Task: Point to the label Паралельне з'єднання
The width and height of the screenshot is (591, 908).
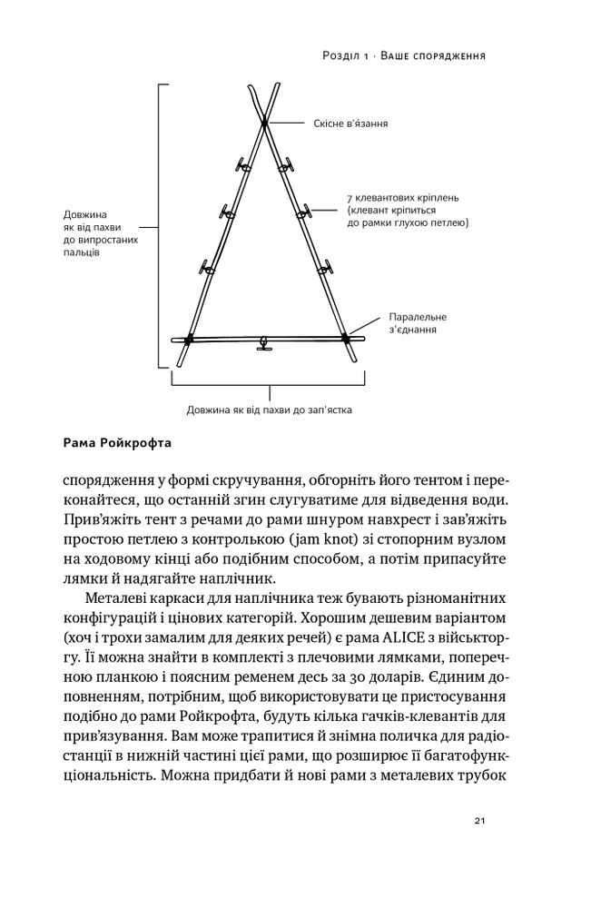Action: [418, 324]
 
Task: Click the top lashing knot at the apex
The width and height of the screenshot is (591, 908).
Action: [264, 121]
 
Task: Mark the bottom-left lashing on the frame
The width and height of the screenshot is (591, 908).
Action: [189, 339]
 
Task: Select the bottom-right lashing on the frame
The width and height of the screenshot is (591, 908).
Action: [345, 338]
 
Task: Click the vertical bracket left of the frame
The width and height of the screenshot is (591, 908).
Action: [161, 227]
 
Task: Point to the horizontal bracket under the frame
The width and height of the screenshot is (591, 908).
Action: [271, 390]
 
